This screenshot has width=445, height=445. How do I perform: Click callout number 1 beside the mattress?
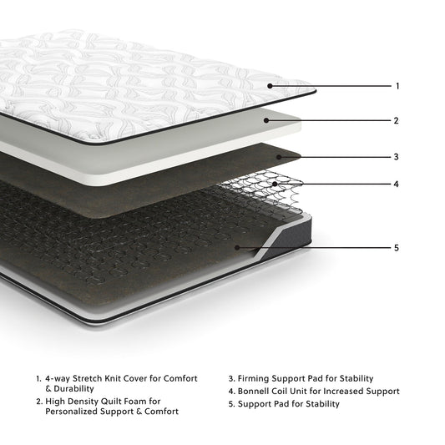click(397, 86)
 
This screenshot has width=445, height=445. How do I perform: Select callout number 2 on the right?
click(397, 120)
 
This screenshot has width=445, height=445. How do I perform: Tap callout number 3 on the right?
click(397, 156)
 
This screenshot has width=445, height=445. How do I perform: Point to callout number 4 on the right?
click(397, 184)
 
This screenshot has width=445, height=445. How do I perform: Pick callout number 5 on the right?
click(397, 248)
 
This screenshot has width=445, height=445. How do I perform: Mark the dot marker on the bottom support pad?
click(239, 248)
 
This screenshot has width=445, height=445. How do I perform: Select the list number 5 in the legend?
click(230, 404)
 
